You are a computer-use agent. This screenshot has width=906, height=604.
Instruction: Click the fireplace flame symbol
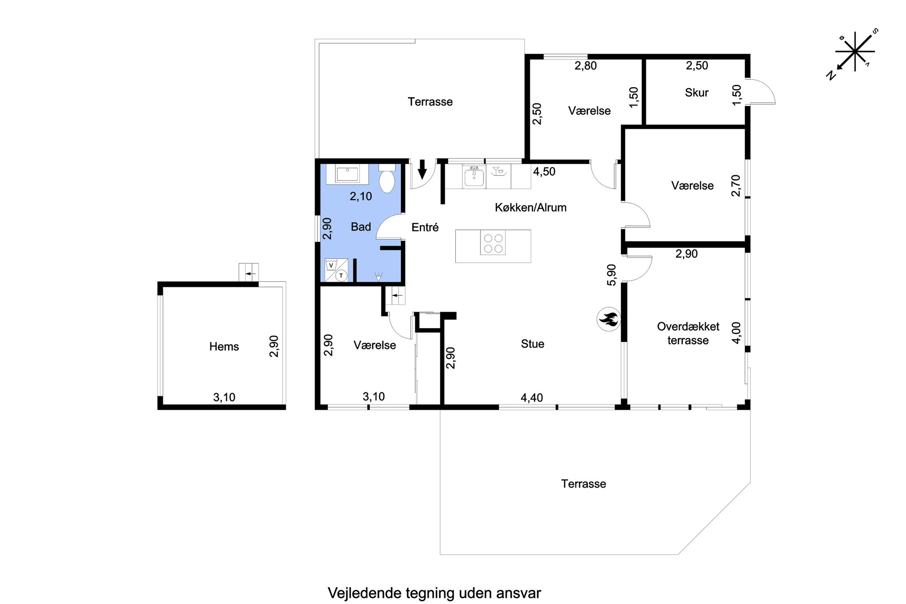(x=608, y=319)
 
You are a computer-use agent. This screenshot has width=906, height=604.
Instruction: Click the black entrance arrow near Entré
(x=422, y=169)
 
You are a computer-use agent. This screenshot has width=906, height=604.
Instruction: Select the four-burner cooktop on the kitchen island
(x=493, y=243)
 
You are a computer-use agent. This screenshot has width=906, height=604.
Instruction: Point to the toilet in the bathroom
(x=387, y=179)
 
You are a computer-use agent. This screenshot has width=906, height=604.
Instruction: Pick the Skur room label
(x=696, y=93)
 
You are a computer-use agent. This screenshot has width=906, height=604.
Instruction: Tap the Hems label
(x=224, y=347)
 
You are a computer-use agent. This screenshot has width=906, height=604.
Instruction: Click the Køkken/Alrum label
(x=531, y=208)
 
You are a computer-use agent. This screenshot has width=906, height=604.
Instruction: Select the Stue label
(x=532, y=344)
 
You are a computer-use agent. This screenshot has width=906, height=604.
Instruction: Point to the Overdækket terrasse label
(x=688, y=333)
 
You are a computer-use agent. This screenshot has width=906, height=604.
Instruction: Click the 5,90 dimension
(x=611, y=275)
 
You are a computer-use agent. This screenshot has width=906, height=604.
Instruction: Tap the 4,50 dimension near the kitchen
(x=544, y=172)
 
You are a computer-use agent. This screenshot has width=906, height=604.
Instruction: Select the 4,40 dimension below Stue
(x=532, y=398)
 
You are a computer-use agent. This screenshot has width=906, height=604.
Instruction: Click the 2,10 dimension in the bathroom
(x=361, y=196)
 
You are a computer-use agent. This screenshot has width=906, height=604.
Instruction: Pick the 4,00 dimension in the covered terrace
(x=737, y=333)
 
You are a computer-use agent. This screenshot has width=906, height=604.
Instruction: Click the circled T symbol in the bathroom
(x=341, y=275)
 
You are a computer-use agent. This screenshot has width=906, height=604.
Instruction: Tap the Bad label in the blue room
(x=361, y=227)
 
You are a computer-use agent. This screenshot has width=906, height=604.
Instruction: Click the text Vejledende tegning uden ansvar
(x=434, y=593)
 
